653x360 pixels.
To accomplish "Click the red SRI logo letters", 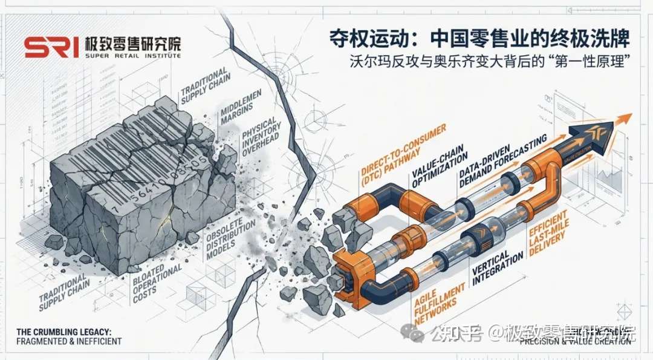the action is (x=51, y=47).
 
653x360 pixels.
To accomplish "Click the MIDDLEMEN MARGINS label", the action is (x=231, y=109).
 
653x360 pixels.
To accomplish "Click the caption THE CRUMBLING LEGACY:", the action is (x=60, y=332).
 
